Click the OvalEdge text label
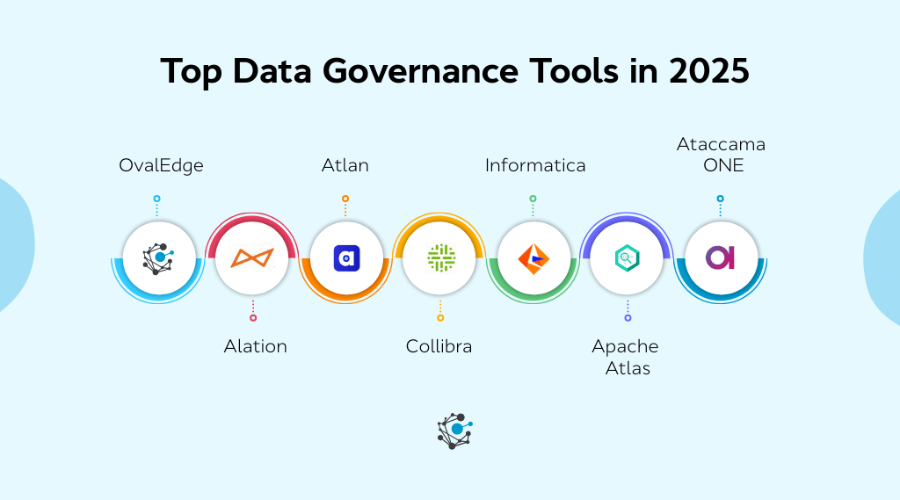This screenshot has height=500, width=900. coord(161,165)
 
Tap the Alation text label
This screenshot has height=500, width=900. coord(255,346)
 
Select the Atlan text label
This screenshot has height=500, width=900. coord(345,165)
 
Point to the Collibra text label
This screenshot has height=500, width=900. coord(439,346)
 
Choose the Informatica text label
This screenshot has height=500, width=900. coord(535,165)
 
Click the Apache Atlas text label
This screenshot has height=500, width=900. coord(626,357)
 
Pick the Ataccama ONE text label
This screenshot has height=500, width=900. coord(721,155)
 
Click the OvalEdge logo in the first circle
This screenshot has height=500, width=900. coord(158,257)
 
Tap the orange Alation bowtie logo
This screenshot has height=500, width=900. coord(252,257)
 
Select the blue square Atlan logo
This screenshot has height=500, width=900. coord(346,257)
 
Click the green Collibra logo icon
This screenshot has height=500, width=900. coord(440,257)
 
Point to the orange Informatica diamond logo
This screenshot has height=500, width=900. coord(533,257)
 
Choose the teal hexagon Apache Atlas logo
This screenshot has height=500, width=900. coord(627,257)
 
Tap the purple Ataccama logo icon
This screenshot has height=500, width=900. coord(721,257)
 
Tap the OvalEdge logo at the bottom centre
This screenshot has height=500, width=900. coord(454,431)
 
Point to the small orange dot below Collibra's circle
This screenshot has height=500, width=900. coord(440,317)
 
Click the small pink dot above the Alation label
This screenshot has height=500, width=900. coord(253,317)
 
